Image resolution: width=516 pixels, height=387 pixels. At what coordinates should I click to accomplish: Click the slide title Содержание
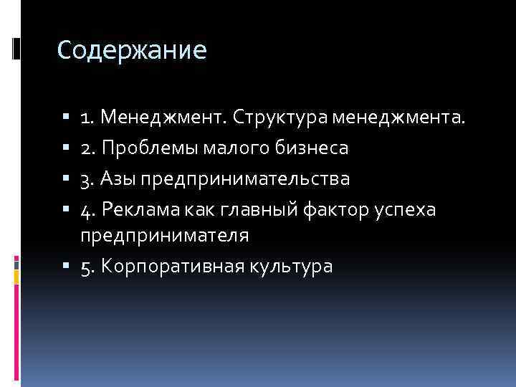(x=132, y=50)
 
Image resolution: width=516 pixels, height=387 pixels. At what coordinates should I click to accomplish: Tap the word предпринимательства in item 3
(x=246, y=178)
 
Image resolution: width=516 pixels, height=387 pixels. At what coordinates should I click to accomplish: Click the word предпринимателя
(x=164, y=235)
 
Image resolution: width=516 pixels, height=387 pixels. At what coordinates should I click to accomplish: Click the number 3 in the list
(x=85, y=178)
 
